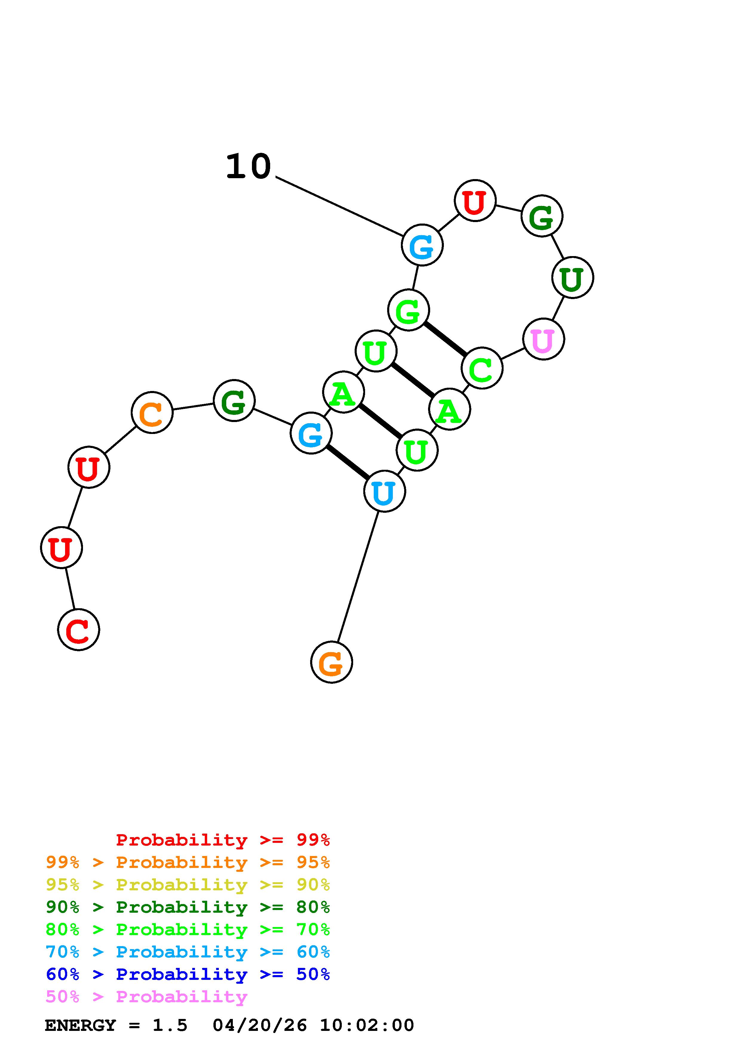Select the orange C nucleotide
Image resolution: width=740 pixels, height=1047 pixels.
tap(152, 413)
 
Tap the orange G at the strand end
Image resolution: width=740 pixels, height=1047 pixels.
tap(331, 662)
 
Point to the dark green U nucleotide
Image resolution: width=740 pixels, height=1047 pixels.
tap(572, 278)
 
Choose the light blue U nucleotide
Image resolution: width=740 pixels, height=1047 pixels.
tap(384, 492)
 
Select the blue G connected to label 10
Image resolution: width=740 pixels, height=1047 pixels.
tap(422, 245)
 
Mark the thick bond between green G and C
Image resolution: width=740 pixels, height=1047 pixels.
tap(445, 339)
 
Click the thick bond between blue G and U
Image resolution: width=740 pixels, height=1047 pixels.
tap(348, 462)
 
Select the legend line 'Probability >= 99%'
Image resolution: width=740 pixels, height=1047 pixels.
tap(222, 840)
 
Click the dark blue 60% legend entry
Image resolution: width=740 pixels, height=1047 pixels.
tap(187, 974)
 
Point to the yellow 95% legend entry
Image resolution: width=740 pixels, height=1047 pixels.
tap(187, 885)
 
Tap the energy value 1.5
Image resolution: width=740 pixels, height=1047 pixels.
tap(170, 1026)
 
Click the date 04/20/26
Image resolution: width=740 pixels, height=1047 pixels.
tap(260, 1026)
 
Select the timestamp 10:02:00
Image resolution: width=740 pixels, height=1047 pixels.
tap(367, 1026)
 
